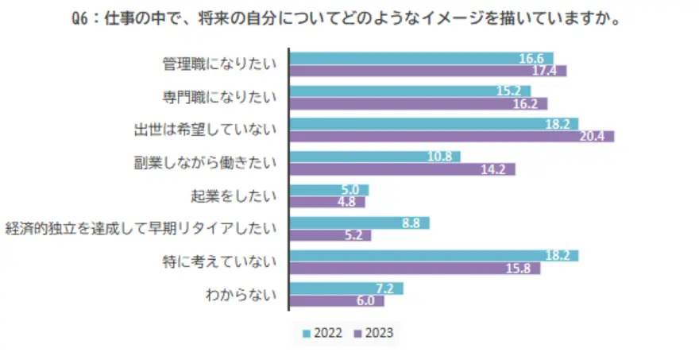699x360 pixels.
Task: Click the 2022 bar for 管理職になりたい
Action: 421,58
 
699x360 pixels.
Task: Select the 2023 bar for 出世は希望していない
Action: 451,137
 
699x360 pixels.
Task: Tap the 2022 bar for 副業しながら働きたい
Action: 375,157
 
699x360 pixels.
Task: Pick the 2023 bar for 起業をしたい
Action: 327,202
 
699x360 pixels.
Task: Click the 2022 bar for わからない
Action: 346,288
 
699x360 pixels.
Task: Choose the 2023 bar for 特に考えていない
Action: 415,268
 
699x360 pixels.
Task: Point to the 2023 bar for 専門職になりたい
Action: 419,103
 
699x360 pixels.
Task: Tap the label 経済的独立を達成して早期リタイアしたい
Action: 141,229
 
